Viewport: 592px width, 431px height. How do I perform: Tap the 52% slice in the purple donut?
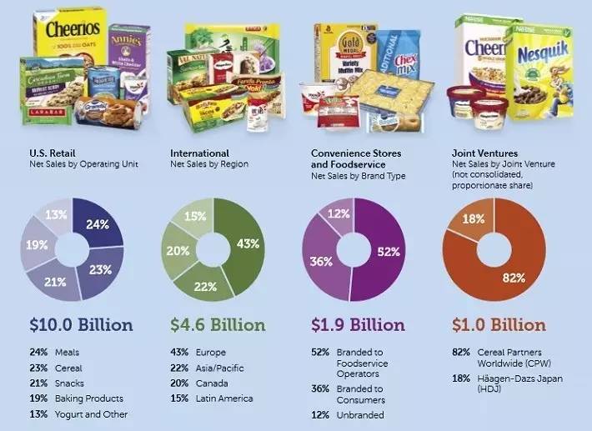384,250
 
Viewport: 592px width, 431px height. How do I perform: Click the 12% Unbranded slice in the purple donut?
339,213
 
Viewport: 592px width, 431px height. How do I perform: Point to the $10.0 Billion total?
81,324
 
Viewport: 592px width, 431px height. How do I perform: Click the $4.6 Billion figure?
218,324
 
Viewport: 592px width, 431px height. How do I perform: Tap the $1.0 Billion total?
499,324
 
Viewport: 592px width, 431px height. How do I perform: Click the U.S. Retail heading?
53,153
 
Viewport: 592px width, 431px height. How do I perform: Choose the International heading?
199,153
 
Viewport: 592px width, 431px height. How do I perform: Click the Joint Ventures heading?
485,153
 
